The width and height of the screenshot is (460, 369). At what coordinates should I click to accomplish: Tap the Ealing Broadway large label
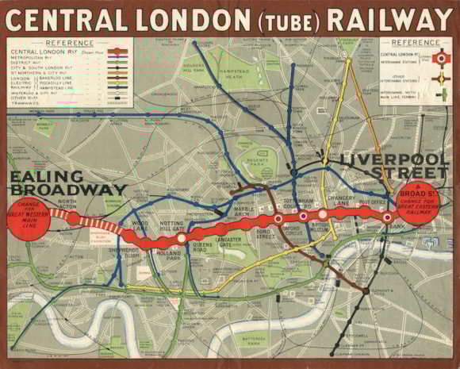click(67, 183)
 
